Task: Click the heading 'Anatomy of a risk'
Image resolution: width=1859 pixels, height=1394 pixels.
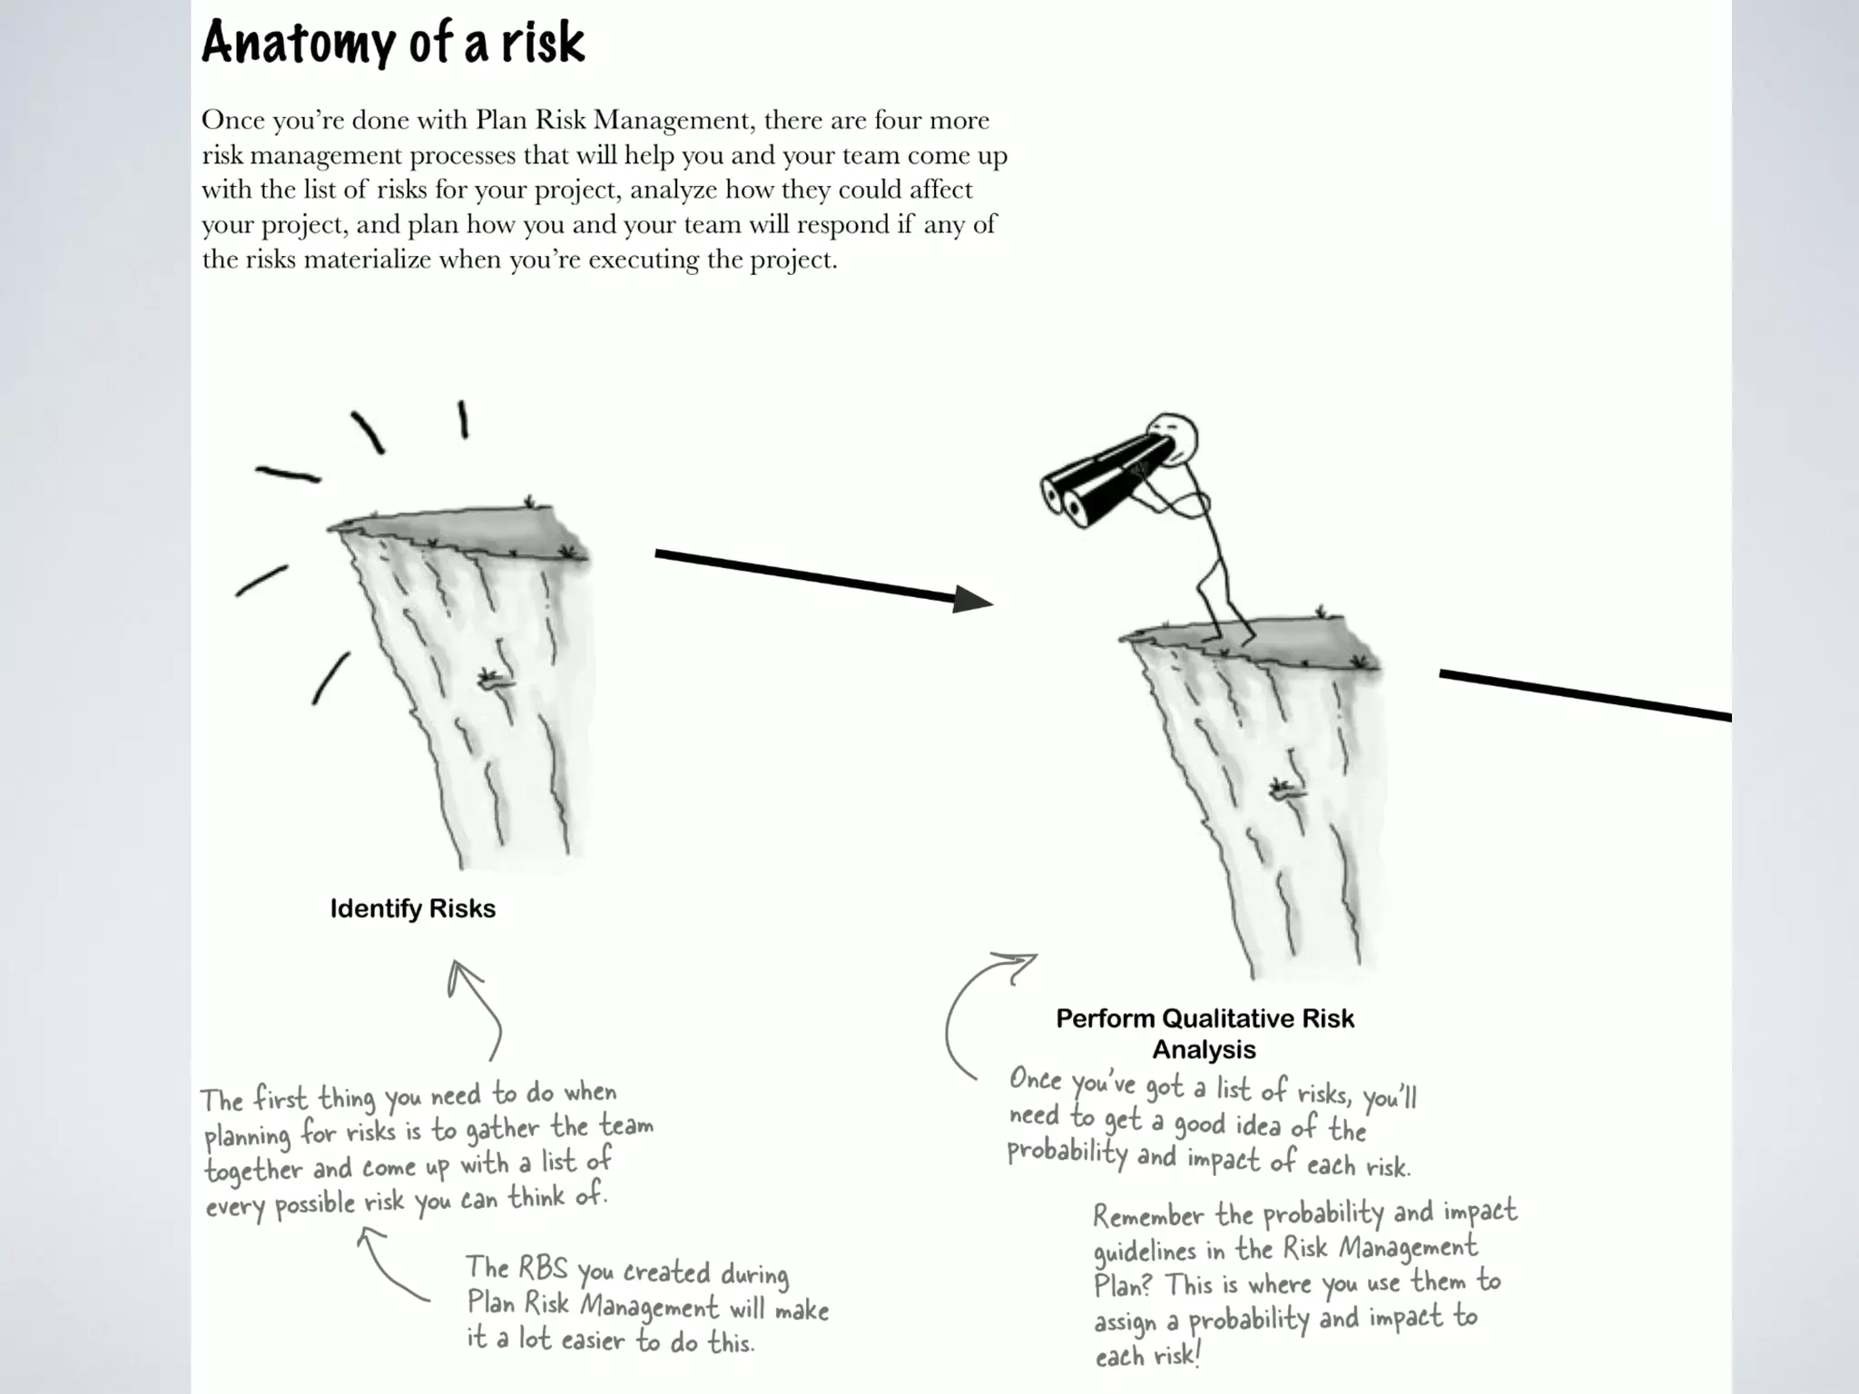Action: click(x=393, y=42)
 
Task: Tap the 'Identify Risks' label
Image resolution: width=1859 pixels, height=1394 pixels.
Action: click(x=413, y=908)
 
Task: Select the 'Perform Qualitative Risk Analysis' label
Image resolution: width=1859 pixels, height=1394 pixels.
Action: click(x=1205, y=1034)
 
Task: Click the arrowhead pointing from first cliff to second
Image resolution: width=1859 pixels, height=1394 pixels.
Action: click(x=972, y=599)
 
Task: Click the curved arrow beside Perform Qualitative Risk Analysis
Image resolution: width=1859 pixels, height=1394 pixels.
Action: click(x=971, y=1007)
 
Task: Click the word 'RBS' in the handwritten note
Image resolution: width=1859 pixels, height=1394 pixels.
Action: click(x=543, y=1268)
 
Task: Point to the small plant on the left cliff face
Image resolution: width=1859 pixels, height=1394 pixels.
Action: click(x=495, y=679)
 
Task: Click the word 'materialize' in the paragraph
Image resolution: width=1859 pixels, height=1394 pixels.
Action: click(x=368, y=260)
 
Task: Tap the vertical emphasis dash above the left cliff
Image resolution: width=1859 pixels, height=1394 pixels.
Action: click(x=463, y=419)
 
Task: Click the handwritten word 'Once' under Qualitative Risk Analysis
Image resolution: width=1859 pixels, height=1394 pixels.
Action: click(x=1036, y=1080)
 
